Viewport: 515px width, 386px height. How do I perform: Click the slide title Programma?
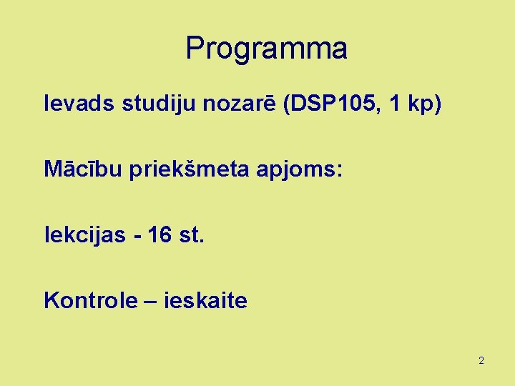[266, 49]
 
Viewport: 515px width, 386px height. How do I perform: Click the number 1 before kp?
[393, 104]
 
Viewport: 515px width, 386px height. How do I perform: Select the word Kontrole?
[89, 300]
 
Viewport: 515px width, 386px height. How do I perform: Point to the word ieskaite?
[206, 300]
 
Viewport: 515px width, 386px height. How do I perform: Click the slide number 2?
[481, 360]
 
